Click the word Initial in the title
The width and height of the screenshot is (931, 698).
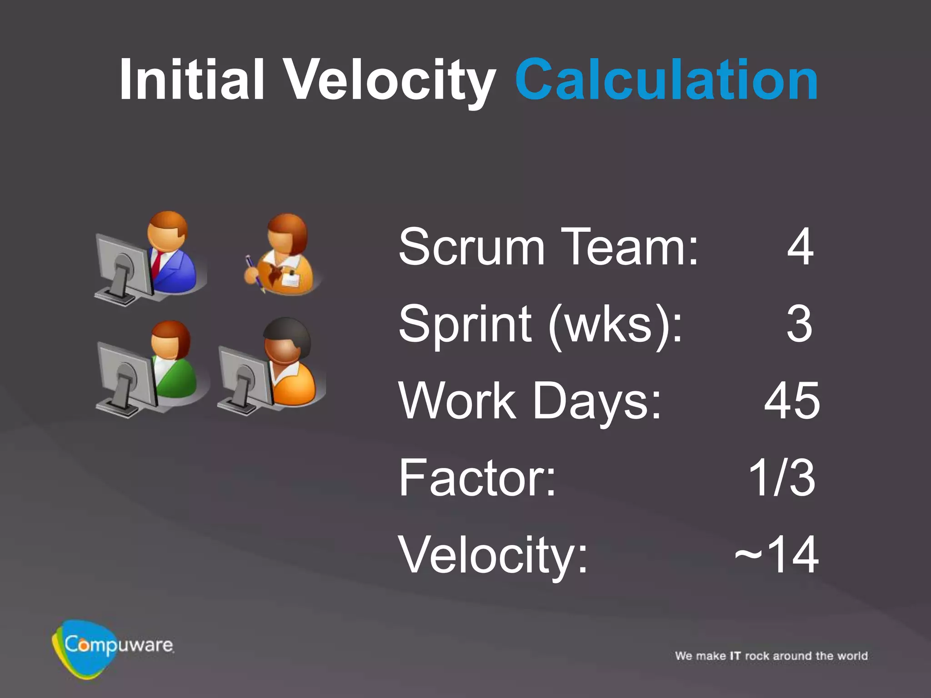click(191, 80)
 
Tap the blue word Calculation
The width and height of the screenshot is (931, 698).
click(666, 80)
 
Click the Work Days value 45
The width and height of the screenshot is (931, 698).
click(792, 401)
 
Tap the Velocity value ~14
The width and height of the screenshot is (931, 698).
click(776, 555)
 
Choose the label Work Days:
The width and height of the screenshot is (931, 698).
click(530, 401)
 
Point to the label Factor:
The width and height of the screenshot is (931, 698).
click(477, 478)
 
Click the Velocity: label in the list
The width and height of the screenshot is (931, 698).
click(493, 555)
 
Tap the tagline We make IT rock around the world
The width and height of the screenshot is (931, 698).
click(771, 656)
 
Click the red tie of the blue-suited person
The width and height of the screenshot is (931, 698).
click(156, 264)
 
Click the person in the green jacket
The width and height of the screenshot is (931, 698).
click(173, 364)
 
